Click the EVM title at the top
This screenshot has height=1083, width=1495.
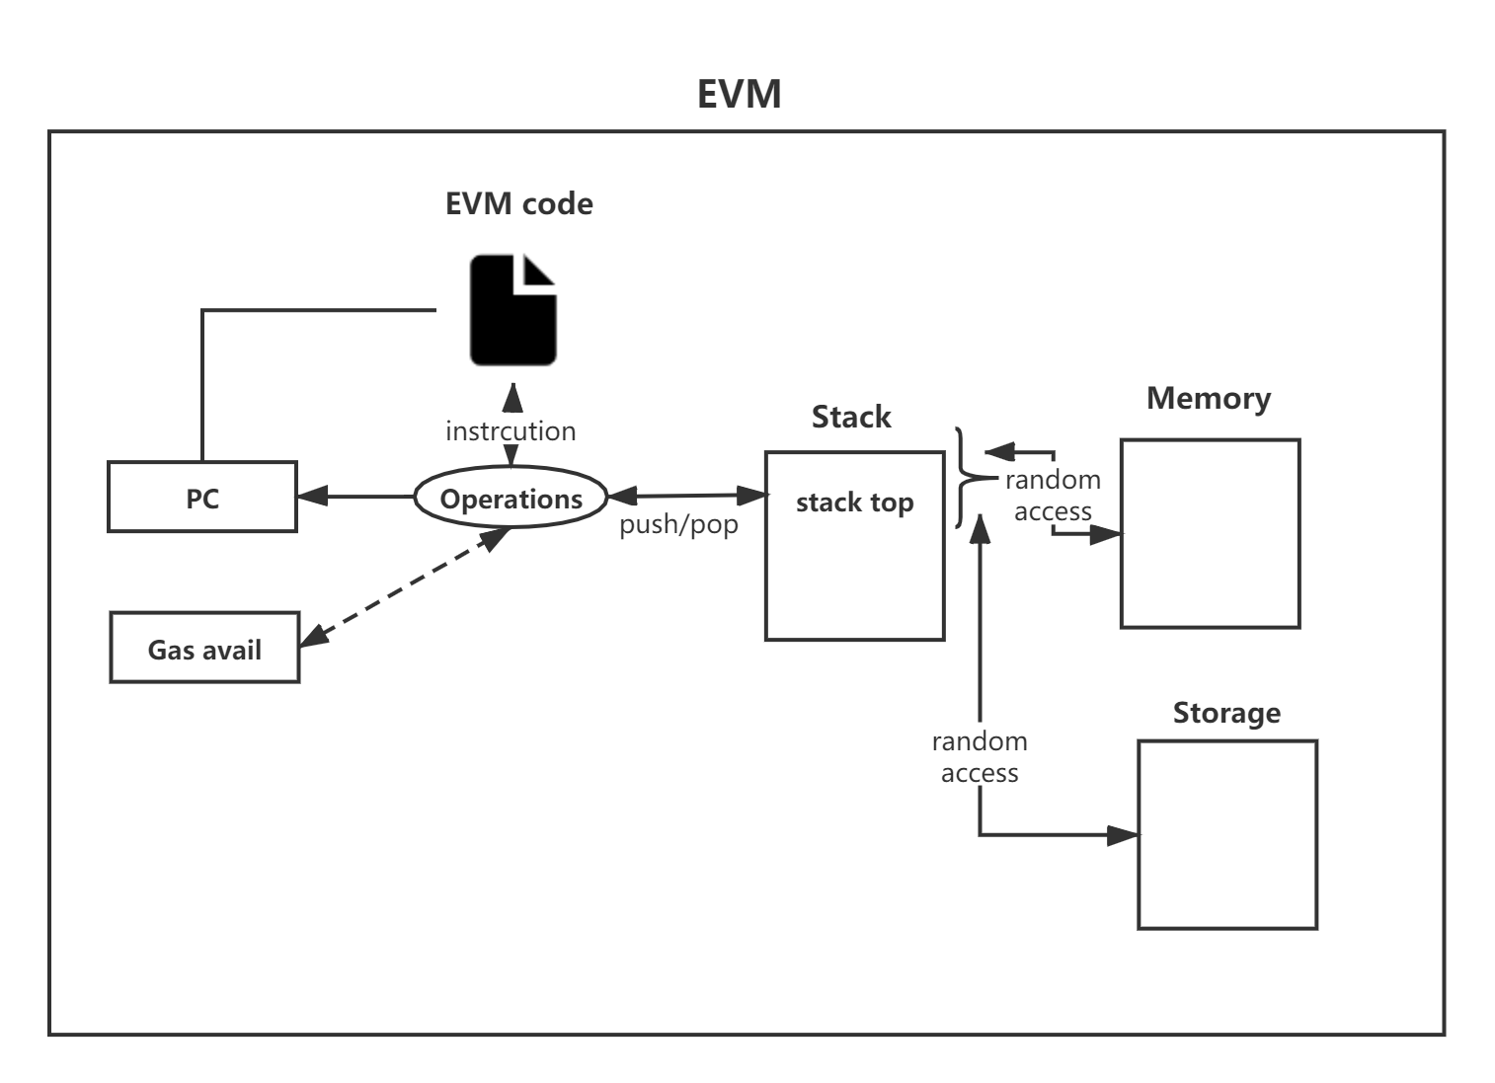(739, 94)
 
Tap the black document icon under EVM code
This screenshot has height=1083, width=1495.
(512, 310)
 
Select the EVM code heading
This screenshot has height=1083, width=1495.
(518, 203)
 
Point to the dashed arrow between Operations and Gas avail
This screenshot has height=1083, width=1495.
(405, 587)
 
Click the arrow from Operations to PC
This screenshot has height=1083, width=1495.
(355, 497)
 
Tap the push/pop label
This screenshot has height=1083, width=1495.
(678, 524)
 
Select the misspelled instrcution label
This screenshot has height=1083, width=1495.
(511, 431)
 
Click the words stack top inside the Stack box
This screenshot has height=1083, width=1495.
(854, 503)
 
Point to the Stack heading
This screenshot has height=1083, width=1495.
(851, 417)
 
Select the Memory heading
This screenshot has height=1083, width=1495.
(1209, 399)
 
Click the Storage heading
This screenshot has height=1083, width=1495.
(1226, 713)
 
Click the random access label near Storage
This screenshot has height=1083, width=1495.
(980, 756)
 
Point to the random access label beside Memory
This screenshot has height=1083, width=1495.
(1054, 496)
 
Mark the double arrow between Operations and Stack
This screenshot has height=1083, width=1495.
(688, 496)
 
